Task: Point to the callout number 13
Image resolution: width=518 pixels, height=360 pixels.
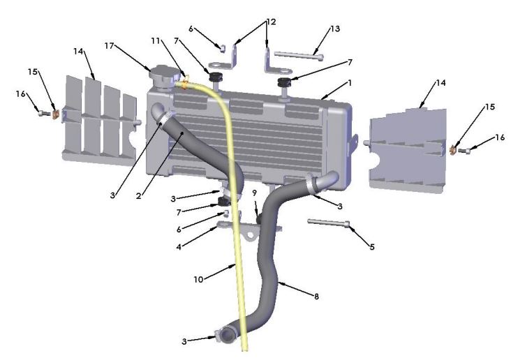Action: click(x=335, y=29)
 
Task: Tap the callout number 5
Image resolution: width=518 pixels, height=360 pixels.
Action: click(x=372, y=246)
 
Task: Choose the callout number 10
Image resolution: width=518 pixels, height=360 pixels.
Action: click(x=198, y=279)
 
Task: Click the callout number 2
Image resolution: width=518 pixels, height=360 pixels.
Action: click(x=140, y=197)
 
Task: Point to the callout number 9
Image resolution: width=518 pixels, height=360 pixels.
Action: click(x=256, y=192)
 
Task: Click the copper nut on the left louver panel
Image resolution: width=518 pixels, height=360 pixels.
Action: click(x=54, y=110)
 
